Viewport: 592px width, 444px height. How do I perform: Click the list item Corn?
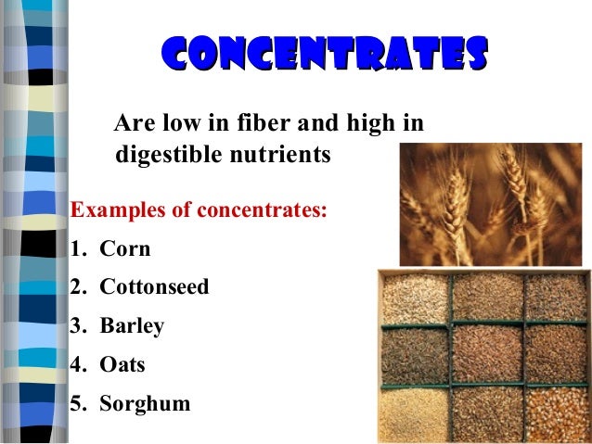click(x=124, y=248)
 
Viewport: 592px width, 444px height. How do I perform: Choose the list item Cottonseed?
click(x=154, y=287)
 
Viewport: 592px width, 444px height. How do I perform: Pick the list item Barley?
click(x=132, y=326)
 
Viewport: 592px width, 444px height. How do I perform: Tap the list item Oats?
click(x=122, y=365)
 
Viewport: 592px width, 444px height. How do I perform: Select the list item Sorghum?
click(x=145, y=404)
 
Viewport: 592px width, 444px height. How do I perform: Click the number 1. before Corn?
click(x=79, y=248)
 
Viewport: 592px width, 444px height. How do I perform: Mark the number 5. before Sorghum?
click(x=79, y=404)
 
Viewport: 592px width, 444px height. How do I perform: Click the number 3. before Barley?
click(x=79, y=326)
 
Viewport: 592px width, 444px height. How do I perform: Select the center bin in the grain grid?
click(x=486, y=352)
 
